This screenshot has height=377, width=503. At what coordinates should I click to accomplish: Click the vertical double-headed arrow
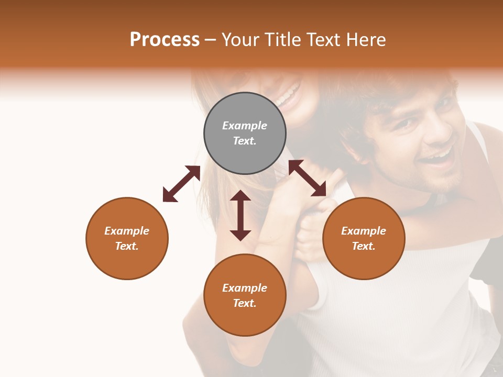pos(240,215)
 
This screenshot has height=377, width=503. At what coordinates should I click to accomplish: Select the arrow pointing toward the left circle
pos(181,184)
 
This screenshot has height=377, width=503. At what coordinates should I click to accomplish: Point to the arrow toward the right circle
pos(308,179)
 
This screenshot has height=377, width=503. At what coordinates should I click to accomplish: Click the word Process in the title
pos(165,39)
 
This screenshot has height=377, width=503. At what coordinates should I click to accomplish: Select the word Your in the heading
pos(241,39)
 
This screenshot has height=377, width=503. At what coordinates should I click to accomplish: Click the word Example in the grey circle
pos(245,126)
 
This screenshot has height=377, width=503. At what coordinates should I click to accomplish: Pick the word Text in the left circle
pos(126,246)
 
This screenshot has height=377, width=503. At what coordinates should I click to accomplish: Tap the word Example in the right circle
pos(364,231)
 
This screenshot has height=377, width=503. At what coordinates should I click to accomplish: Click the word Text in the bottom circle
pos(244,303)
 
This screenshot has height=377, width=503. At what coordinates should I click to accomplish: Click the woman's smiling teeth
pos(289,95)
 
